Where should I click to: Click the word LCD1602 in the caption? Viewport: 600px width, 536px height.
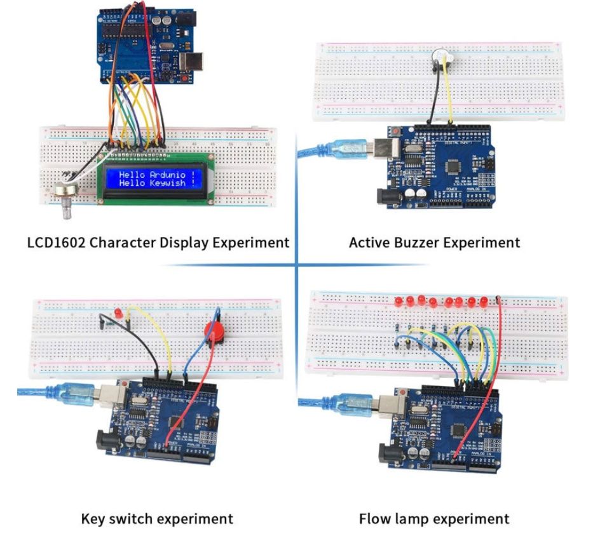58,243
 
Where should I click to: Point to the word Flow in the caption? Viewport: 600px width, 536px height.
375,519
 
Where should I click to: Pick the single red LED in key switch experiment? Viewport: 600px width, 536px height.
119,313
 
